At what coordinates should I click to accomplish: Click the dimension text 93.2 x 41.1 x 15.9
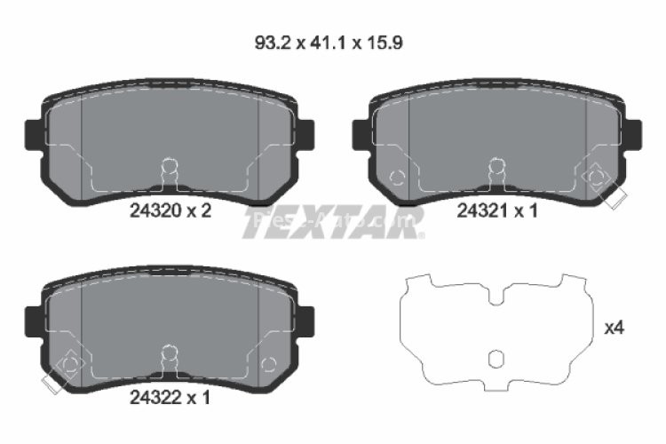(330, 42)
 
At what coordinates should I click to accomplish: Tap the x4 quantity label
(614, 329)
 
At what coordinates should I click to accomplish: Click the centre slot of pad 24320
(170, 169)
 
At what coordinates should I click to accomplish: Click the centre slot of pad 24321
(497, 169)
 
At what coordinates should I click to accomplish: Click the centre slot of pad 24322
(170, 355)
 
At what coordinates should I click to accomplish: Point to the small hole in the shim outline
(497, 359)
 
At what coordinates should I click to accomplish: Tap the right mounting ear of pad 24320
(306, 133)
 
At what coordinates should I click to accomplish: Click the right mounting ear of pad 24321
(634, 133)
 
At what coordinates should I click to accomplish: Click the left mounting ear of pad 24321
(361, 133)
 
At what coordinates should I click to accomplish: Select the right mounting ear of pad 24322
(306, 321)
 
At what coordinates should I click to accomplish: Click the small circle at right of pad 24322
(270, 363)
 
